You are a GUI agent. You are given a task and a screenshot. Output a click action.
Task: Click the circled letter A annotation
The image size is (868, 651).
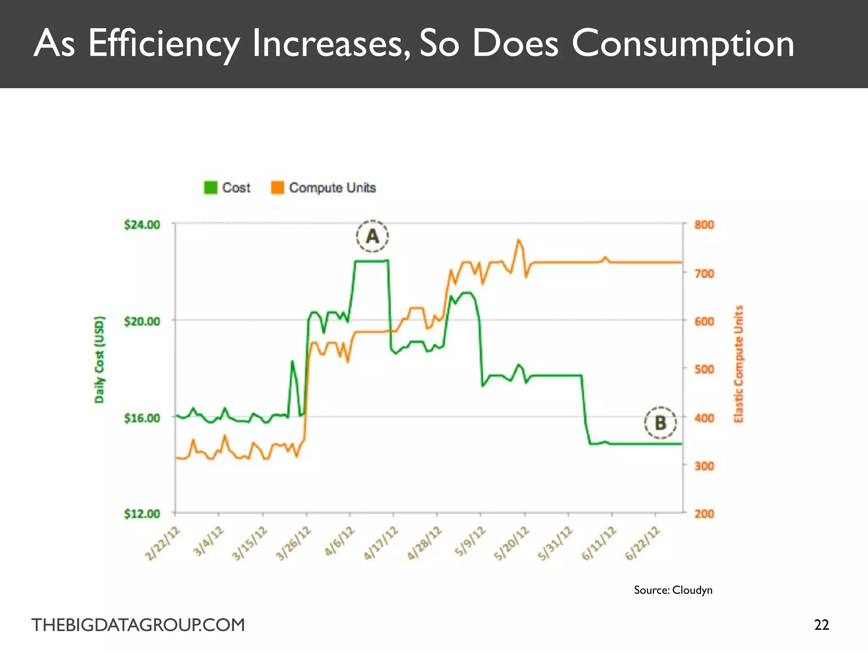(x=372, y=236)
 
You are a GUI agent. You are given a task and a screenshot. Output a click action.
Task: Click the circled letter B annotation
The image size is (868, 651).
(x=660, y=423)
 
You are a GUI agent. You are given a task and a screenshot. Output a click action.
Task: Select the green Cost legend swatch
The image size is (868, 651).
(x=211, y=187)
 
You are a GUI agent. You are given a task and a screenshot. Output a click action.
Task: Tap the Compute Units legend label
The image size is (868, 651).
(x=332, y=187)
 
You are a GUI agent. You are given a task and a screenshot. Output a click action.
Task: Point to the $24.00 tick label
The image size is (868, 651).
(x=142, y=224)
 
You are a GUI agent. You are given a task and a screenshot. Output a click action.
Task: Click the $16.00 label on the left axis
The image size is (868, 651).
(x=142, y=418)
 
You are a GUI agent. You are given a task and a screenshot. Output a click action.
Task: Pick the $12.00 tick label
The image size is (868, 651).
(x=142, y=514)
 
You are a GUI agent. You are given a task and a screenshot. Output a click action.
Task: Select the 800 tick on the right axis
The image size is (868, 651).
(x=704, y=225)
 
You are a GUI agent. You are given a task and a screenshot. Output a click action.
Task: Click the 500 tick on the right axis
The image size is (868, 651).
(x=704, y=369)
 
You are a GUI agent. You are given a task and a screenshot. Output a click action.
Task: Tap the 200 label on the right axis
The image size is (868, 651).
(x=704, y=514)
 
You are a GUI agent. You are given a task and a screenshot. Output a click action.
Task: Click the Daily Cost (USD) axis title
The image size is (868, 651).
(x=99, y=359)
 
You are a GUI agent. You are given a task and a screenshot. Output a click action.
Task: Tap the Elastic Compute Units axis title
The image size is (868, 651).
(x=739, y=364)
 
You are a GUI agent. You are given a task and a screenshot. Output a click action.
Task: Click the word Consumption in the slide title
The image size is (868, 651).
(x=683, y=44)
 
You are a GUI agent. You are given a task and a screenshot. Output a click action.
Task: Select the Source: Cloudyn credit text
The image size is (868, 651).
(x=673, y=590)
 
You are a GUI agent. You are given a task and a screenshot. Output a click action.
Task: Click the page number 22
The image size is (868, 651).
(x=821, y=625)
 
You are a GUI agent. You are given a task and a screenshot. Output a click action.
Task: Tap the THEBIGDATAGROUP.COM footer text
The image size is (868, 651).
(x=138, y=625)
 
